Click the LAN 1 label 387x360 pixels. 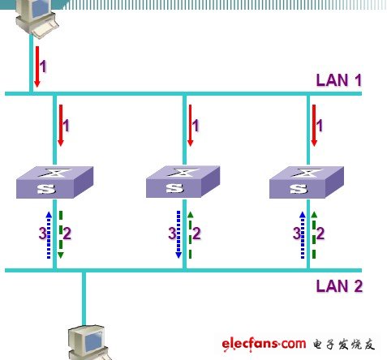(339, 80)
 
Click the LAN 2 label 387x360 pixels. (339, 286)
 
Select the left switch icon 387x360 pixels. (55, 182)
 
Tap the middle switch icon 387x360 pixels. (183, 182)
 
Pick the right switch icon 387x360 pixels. (307, 182)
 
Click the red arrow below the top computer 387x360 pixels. (37, 66)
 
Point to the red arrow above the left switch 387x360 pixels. (61, 126)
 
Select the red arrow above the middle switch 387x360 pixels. (190, 126)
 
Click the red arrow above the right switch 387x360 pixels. (314, 126)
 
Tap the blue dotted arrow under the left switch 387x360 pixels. (49, 235)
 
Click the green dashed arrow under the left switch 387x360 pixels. (61, 235)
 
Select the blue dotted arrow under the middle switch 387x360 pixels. (178, 235)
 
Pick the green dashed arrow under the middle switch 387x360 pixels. (191, 235)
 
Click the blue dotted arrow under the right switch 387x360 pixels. (303, 235)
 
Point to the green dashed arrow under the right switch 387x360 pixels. (314, 235)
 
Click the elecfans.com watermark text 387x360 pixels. (264, 345)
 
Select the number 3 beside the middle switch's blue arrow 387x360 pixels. (172, 233)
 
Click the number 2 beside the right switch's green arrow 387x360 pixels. (320, 233)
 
